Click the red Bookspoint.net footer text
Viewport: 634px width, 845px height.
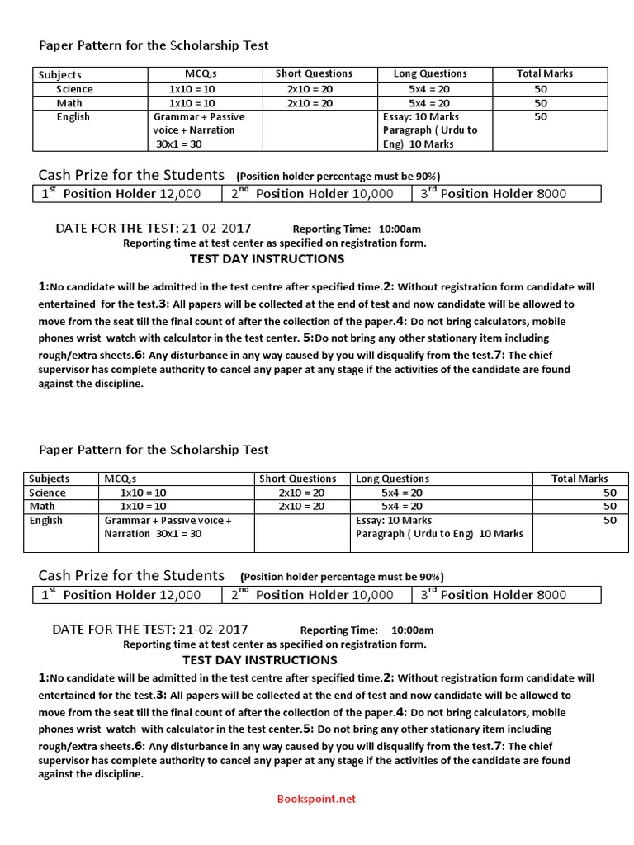[x=316, y=799]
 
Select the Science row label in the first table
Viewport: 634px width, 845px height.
[x=74, y=89]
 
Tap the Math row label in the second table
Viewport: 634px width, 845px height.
[x=42, y=506]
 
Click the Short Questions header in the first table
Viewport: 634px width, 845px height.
[x=314, y=74]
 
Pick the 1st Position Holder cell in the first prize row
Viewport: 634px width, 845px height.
[x=121, y=194]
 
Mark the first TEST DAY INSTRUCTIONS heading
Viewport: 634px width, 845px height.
[x=267, y=258]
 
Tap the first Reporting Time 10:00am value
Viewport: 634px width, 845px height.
[x=400, y=229]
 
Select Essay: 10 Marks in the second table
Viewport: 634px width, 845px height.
[x=394, y=521]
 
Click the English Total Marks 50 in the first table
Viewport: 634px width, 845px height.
[x=541, y=117]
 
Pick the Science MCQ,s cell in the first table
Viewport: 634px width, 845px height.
[x=192, y=89]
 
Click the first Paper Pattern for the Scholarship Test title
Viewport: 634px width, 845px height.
[x=154, y=45]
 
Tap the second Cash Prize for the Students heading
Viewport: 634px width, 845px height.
[x=132, y=575]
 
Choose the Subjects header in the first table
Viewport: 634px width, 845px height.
[x=60, y=74]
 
